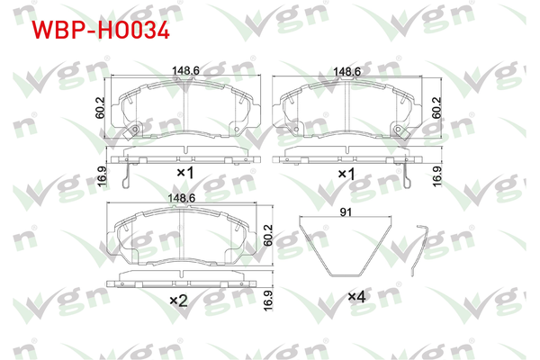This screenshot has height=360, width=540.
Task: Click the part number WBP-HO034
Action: click(101, 31)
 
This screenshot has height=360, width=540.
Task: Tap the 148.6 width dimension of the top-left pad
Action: click(185, 70)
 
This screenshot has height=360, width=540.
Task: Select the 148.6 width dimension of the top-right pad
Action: click(346, 71)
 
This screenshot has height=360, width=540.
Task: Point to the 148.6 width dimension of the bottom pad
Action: click(181, 198)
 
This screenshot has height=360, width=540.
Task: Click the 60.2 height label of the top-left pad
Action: click(100, 107)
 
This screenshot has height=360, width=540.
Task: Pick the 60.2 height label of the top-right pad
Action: click(436, 107)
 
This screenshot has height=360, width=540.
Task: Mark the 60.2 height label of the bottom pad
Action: click(267, 235)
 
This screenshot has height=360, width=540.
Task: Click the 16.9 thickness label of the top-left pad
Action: click(102, 176)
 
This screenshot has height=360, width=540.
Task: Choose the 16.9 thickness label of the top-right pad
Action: click(436, 176)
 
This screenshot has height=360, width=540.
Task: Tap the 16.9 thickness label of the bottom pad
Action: click(267, 301)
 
